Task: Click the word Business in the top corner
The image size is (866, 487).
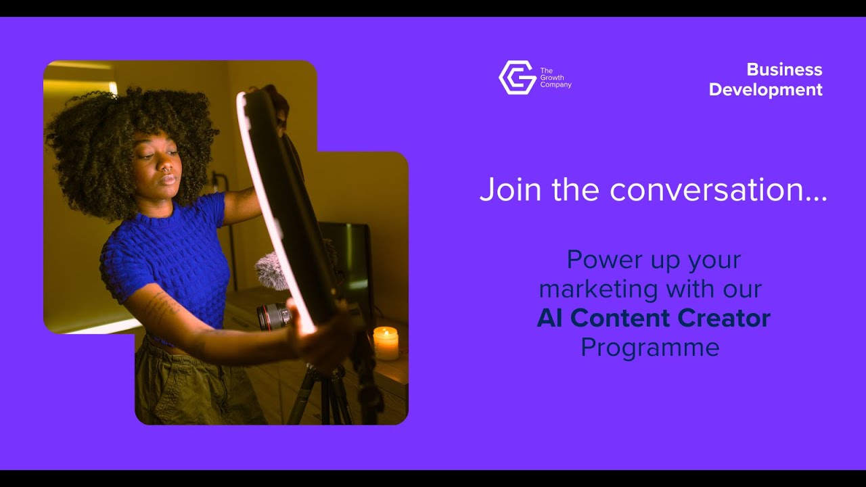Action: tap(784, 70)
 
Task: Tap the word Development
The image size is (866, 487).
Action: tap(765, 90)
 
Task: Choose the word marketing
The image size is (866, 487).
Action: tap(598, 289)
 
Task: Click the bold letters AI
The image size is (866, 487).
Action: tap(550, 319)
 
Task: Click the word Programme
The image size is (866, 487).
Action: tap(649, 348)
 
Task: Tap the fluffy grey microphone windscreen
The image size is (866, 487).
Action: tap(270, 270)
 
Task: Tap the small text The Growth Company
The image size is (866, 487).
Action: tap(555, 78)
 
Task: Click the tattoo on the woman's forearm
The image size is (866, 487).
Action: tap(162, 308)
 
